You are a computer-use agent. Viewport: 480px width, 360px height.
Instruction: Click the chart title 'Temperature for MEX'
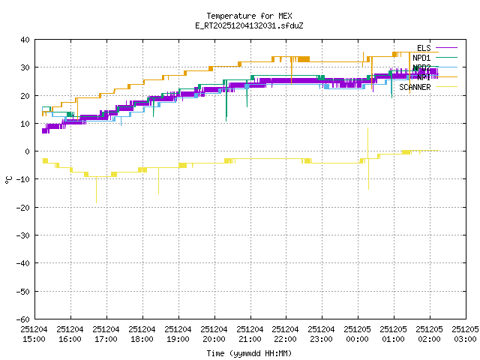pos(249,16)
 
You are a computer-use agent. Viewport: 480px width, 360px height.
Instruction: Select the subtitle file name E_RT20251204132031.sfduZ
pos(249,25)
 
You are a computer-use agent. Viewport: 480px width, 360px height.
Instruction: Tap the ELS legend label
pos(424,48)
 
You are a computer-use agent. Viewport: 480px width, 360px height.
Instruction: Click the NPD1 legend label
pos(421,58)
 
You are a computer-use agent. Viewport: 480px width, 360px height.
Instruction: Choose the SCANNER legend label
pos(415,87)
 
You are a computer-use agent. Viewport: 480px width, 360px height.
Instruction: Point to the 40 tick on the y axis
pos(25,40)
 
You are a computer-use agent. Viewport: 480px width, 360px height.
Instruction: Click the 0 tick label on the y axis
pos(28,151)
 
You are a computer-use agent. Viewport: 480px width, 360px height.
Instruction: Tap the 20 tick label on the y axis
pos(25,95)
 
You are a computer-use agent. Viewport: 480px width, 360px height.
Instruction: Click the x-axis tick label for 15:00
pos(34,334)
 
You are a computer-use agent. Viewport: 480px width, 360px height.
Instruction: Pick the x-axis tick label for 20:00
pos(214,334)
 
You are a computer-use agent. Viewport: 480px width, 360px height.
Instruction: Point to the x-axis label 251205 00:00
pos(358,334)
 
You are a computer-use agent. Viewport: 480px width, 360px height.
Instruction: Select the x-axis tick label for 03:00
pos(466,334)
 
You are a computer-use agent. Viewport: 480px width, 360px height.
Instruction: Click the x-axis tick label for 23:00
pos(322,334)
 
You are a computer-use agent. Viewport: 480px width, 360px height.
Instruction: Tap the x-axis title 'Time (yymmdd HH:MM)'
pos(249,353)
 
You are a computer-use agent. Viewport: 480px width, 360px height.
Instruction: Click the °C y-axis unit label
pos(9,179)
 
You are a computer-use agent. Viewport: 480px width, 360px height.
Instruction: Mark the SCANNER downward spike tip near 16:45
pos(96,202)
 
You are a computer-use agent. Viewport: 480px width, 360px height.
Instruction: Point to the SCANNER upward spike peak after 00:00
pos(367,128)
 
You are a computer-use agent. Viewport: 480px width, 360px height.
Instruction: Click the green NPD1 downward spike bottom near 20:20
pos(226,120)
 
